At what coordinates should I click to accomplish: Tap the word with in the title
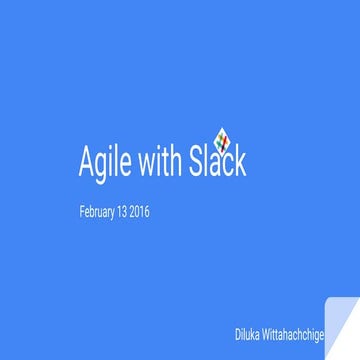tap(158, 163)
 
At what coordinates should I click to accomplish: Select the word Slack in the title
tap(215, 163)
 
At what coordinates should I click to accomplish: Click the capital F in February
tap(82, 212)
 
